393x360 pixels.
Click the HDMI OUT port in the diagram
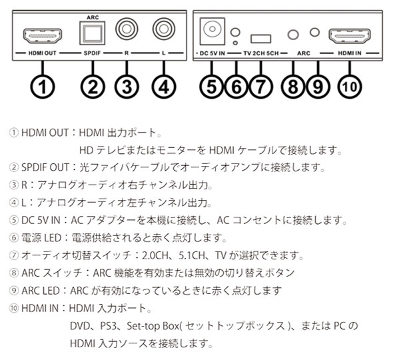pyautogui.click(x=43, y=36)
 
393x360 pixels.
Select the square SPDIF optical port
pyautogui.click(x=92, y=33)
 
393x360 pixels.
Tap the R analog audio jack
pyautogui.click(x=127, y=29)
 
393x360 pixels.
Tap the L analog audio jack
pyautogui.click(x=164, y=29)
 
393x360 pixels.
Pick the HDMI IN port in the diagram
pyautogui.click(x=350, y=36)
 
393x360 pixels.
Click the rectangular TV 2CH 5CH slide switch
pyautogui.click(x=260, y=39)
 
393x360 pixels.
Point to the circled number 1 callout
pyautogui.click(x=43, y=87)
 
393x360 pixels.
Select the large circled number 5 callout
pyautogui.click(x=212, y=87)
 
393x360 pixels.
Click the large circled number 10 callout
pyautogui.click(x=350, y=87)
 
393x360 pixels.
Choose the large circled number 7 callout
pyautogui.click(x=260, y=87)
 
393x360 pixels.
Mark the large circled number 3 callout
pyautogui.click(x=127, y=87)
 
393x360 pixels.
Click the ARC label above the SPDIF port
pyautogui.click(x=93, y=17)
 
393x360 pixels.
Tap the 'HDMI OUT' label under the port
pyautogui.click(x=43, y=53)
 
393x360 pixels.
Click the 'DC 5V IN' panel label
pyautogui.click(x=212, y=53)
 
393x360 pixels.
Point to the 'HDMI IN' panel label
pyautogui.click(x=350, y=53)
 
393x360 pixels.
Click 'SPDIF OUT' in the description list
pyautogui.click(x=45, y=167)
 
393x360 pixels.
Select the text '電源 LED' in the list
pyautogui.click(x=41, y=237)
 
